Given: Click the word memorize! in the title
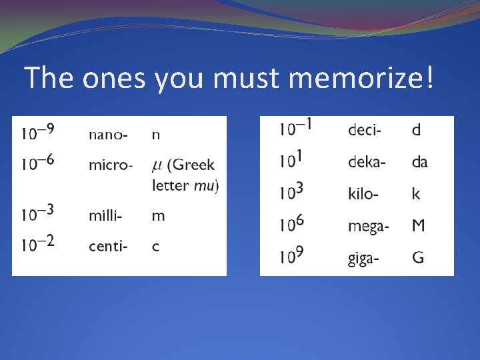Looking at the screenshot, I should (x=361, y=79).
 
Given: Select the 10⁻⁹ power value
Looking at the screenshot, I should (x=37, y=132).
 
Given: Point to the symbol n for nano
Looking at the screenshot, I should (x=156, y=135).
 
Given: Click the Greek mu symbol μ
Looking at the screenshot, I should (x=157, y=165).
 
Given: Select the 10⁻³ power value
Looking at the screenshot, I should (x=37, y=213).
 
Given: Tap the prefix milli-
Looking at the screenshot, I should (x=105, y=216).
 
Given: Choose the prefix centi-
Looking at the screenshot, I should (x=108, y=247).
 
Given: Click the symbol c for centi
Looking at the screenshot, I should (x=155, y=247).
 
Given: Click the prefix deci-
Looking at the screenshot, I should (x=365, y=130).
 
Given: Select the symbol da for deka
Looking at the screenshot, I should (x=419, y=162).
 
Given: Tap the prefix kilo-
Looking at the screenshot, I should (x=364, y=194).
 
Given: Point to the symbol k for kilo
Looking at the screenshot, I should (x=416, y=194).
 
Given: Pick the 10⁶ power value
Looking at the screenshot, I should (x=291, y=224).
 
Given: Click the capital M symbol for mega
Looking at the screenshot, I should (x=418, y=226).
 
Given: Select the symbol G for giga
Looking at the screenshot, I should (x=418, y=258).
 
